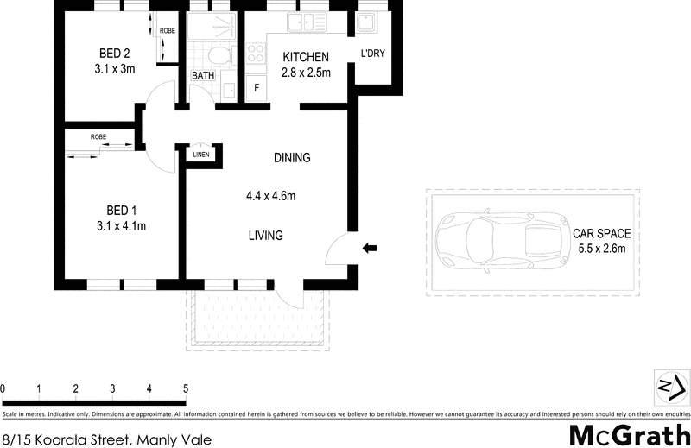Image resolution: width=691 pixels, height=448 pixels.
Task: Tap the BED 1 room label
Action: pyautogui.click(x=121, y=211)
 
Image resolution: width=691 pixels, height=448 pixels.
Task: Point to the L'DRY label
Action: pyautogui.click(x=372, y=54)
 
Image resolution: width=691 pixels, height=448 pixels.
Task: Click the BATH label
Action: pyautogui.click(x=203, y=76)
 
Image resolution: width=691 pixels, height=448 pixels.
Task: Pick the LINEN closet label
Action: pyautogui.click(x=200, y=155)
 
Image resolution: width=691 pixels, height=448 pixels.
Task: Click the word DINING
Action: pyautogui.click(x=292, y=158)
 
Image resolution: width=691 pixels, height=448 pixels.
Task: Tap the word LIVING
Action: pyautogui.click(x=266, y=236)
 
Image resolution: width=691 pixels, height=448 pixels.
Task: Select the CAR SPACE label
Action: pyautogui.click(x=602, y=233)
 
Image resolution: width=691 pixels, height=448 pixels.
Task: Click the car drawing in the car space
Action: pyautogui.click(x=496, y=243)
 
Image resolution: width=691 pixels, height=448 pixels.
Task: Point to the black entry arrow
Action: pyautogui.click(x=370, y=249)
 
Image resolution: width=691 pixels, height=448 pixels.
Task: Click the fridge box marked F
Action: pyautogui.click(x=257, y=88)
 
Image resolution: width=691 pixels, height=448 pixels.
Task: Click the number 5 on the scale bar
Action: pyautogui.click(x=186, y=388)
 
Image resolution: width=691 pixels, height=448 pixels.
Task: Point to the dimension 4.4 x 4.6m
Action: pyautogui.click(x=270, y=196)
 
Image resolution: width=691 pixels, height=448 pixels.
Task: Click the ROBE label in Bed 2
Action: pyautogui.click(x=167, y=32)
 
